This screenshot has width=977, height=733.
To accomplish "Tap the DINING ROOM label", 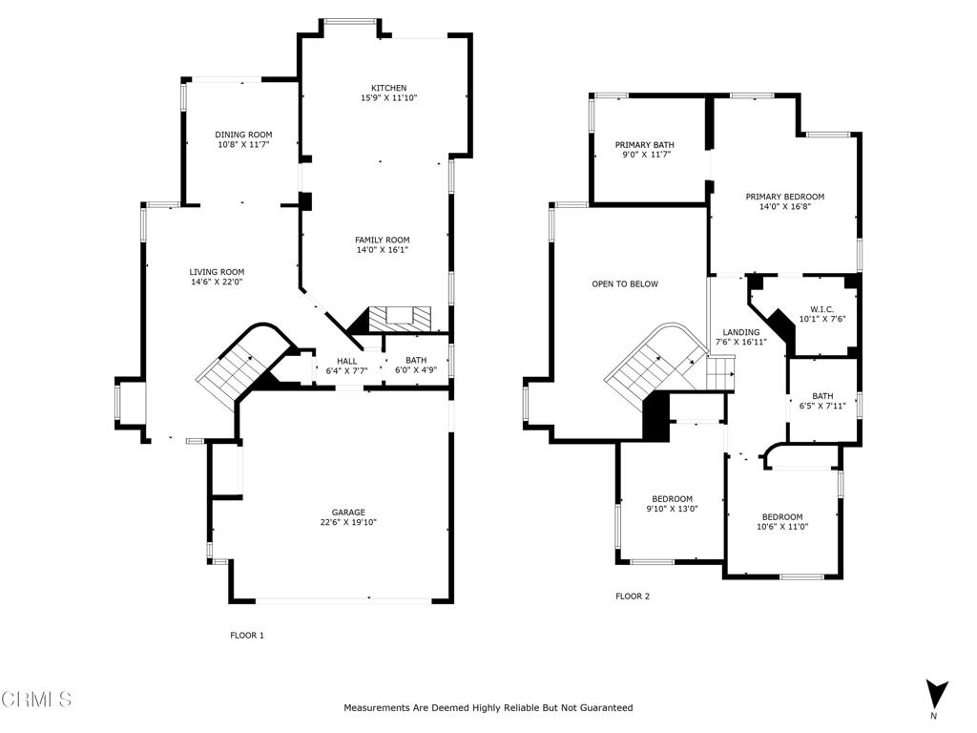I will click(243, 135).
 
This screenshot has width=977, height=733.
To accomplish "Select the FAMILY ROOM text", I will click(383, 240).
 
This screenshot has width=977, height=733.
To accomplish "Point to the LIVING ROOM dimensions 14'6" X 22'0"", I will click(217, 282).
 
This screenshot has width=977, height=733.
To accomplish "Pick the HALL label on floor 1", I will click(347, 360).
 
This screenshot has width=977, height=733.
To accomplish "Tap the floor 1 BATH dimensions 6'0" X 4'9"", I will click(416, 370).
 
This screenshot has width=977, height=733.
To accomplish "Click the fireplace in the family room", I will click(400, 318).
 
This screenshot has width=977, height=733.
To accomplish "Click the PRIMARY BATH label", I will click(644, 144).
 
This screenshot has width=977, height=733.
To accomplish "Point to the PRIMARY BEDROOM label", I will click(784, 197).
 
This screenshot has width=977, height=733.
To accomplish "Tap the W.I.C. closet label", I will click(821, 308).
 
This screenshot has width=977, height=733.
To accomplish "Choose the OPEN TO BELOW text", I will click(624, 283).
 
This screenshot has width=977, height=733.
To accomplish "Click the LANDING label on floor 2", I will click(740, 332).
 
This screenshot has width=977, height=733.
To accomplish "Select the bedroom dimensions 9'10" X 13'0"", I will click(672, 509).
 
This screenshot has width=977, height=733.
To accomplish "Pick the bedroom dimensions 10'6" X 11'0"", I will click(781, 526).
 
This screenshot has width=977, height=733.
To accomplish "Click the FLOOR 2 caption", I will click(632, 597).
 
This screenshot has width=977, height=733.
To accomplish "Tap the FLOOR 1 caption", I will click(247, 635).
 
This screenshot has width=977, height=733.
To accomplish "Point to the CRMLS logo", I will click(36, 700).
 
